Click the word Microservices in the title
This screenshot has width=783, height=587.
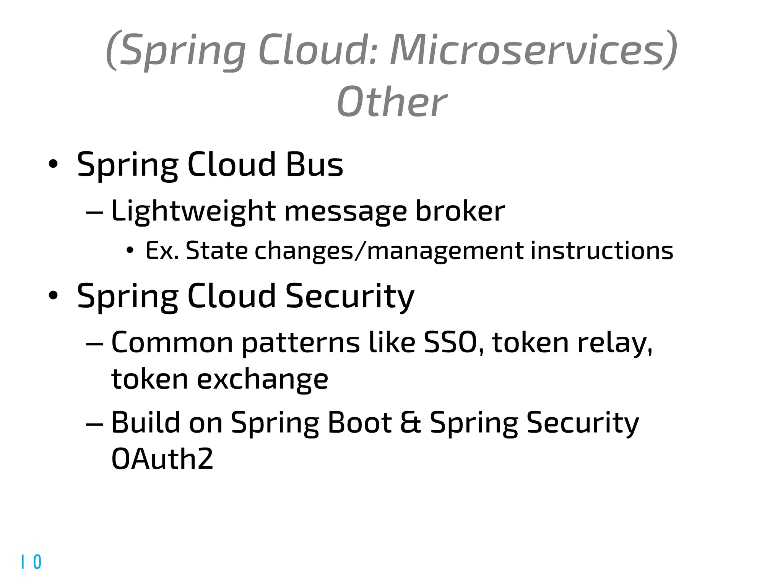533,50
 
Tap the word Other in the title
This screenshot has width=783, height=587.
391,102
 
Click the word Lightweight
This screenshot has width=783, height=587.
193,211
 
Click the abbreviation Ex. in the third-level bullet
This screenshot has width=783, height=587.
162,251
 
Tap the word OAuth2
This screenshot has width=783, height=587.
162,459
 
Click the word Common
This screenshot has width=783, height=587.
172,342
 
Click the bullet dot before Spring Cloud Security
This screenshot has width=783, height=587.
53,295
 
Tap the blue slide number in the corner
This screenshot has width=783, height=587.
31,562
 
